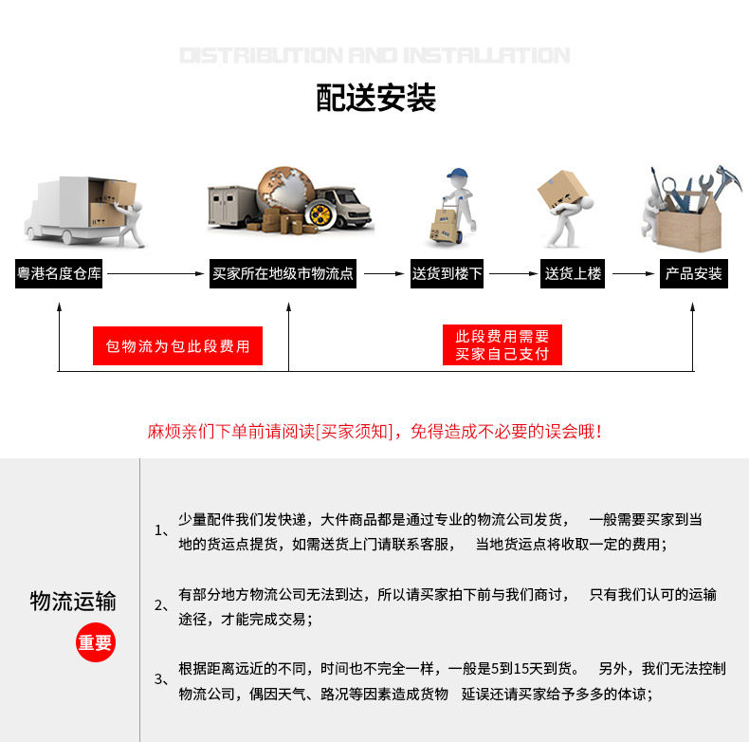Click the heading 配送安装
pyautogui.click(x=376, y=98)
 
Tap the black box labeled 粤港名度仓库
pyautogui.click(x=59, y=273)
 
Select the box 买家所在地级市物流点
pyautogui.click(x=283, y=273)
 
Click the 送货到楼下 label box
pyautogui.click(x=447, y=273)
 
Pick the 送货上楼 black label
pyautogui.click(x=573, y=273)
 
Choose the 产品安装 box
pyautogui.click(x=694, y=273)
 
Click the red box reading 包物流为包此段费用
pyautogui.click(x=177, y=345)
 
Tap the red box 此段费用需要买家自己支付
pyautogui.click(x=502, y=344)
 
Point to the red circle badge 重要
pyautogui.click(x=96, y=642)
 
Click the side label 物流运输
pyautogui.click(x=73, y=601)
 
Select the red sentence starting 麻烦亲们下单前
pyautogui.click(x=374, y=431)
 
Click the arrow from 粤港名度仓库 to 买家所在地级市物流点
pyautogui.click(x=155, y=274)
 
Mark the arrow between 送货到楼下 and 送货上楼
pyautogui.click(x=514, y=274)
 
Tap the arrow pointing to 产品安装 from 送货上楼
pyautogui.click(x=633, y=274)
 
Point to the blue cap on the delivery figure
pyautogui.click(x=457, y=173)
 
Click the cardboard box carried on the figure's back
pyautogui.click(x=561, y=189)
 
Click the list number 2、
pyautogui.click(x=161, y=605)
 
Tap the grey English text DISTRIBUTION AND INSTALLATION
pyautogui.click(x=375, y=55)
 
